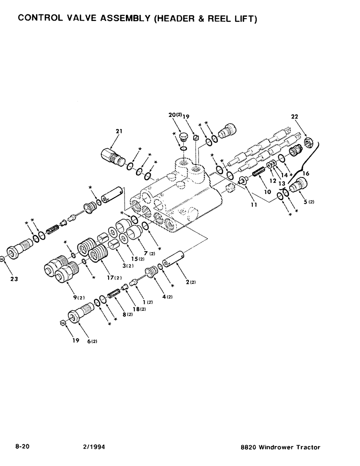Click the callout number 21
(x=119, y=131)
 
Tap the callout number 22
(x=295, y=116)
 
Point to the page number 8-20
(x=23, y=447)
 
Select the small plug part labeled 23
(x=3, y=259)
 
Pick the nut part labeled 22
(x=307, y=141)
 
